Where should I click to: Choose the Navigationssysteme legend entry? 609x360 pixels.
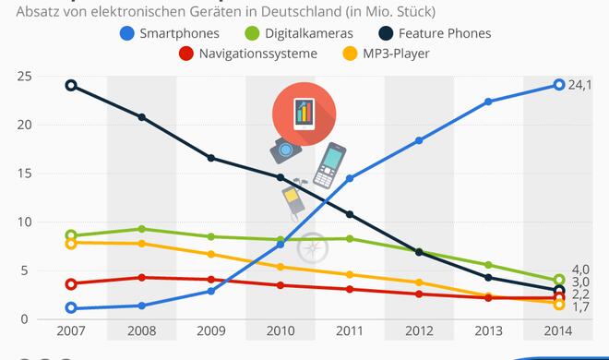249,54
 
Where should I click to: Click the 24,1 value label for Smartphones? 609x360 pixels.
581,86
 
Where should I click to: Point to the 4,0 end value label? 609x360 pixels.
582,269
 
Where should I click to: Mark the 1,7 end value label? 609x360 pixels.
582,307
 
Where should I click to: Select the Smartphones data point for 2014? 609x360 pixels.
558,85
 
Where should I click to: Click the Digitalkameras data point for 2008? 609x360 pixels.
141,229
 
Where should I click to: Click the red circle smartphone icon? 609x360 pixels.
304,116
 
